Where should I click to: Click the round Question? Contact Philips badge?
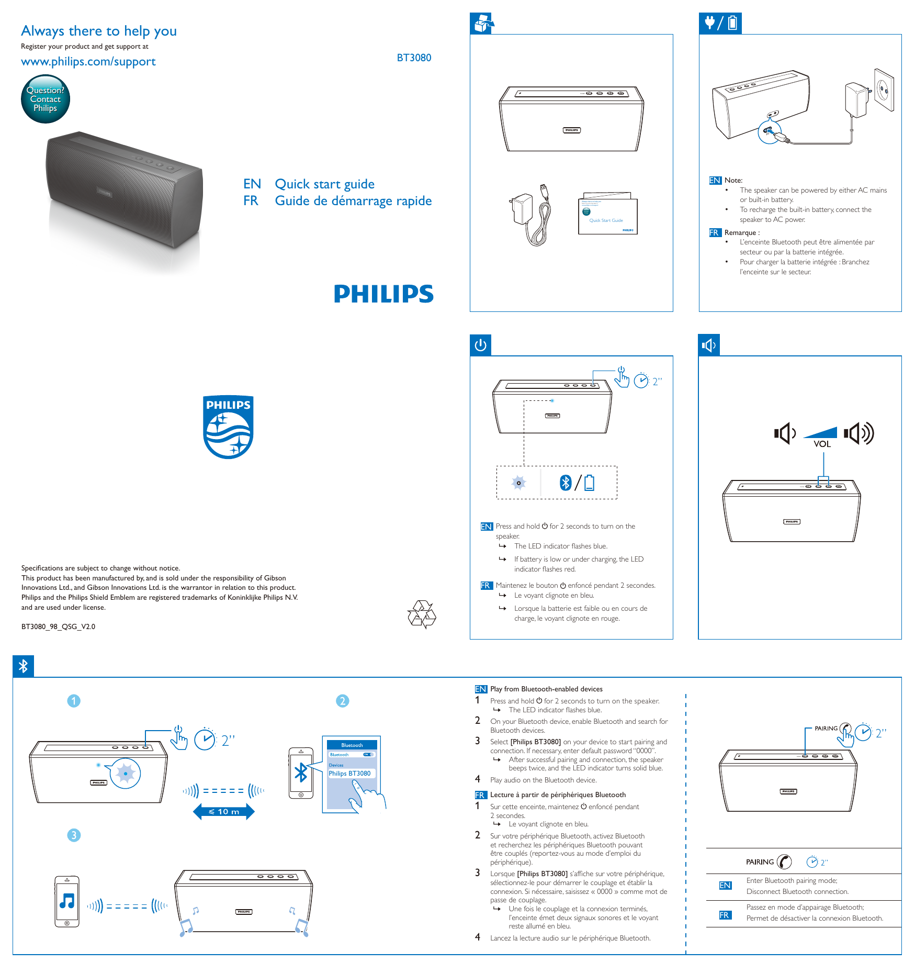[x=46, y=99]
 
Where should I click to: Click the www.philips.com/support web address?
[x=88, y=62]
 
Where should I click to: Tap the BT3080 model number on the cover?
[x=414, y=58]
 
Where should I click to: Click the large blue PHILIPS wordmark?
[x=383, y=294]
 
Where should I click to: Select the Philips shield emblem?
[x=228, y=427]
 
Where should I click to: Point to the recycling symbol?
[x=422, y=614]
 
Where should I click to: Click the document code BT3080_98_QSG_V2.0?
[x=58, y=626]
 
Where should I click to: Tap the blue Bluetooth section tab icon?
[x=24, y=666]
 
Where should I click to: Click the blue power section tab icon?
[x=480, y=345]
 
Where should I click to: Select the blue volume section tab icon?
[x=709, y=345]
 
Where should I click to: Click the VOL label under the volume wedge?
[x=822, y=444]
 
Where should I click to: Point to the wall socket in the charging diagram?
[x=884, y=91]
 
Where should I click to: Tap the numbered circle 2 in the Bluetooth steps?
[x=342, y=701]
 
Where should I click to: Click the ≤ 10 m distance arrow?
[x=224, y=812]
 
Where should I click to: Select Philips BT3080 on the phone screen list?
[x=349, y=774]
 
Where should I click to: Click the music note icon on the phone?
[x=67, y=900]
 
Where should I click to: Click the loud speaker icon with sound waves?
[x=858, y=433]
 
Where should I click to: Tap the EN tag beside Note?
[x=715, y=181]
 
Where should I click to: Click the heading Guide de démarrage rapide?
[x=353, y=201]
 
